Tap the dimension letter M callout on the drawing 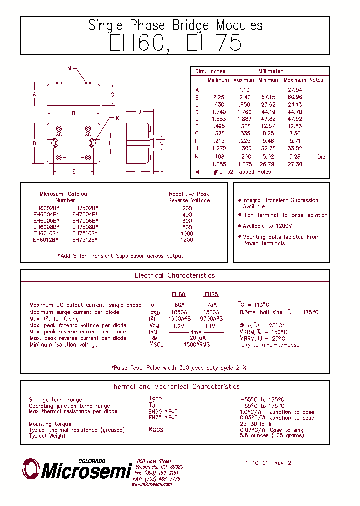69,67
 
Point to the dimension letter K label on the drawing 117,118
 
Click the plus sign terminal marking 82,158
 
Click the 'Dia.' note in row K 321,157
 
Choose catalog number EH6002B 46,208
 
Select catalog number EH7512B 85,239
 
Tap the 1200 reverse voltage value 187,239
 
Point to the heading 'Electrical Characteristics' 175,276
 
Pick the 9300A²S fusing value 211,318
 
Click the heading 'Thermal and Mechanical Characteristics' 175,387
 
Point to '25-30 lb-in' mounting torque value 256,424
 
